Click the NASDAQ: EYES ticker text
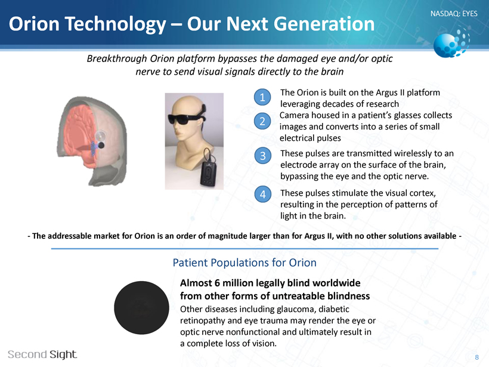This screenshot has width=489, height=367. point(454,14)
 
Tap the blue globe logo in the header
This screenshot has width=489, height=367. point(451,43)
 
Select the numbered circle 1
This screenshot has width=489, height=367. point(262,97)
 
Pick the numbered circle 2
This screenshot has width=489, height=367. point(262,121)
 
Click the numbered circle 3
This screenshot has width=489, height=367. point(262,156)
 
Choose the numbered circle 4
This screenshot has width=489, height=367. point(262,194)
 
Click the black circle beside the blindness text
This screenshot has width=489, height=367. point(141,308)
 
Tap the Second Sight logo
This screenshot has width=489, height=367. point(42,354)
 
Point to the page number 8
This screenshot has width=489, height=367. point(477,357)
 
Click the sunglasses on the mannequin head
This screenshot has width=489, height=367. point(185,118)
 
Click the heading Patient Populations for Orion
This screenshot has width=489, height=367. point(244,263)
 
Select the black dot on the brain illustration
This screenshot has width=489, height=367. point(101,145)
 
